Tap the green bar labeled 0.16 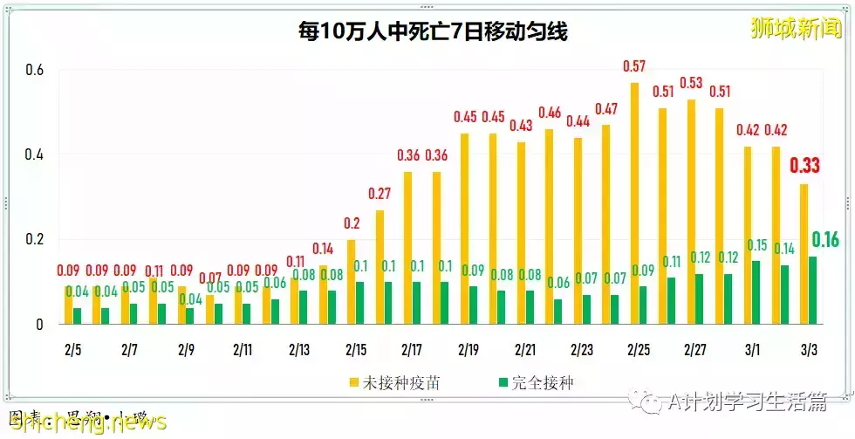[x=814, y=290]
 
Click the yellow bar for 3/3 [x=804, y=254]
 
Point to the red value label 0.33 [x=804, y=167]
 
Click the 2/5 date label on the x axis [x=73, y=349]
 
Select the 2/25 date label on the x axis [x=640, y=349]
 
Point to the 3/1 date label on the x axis [x=753, y=349]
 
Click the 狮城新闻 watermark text [x=795, y=28]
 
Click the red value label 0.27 [x=380, y=194]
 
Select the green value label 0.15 [x=757, y=245]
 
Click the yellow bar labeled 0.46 [x=549, y=227]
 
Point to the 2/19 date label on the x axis [x=469, y=349]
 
